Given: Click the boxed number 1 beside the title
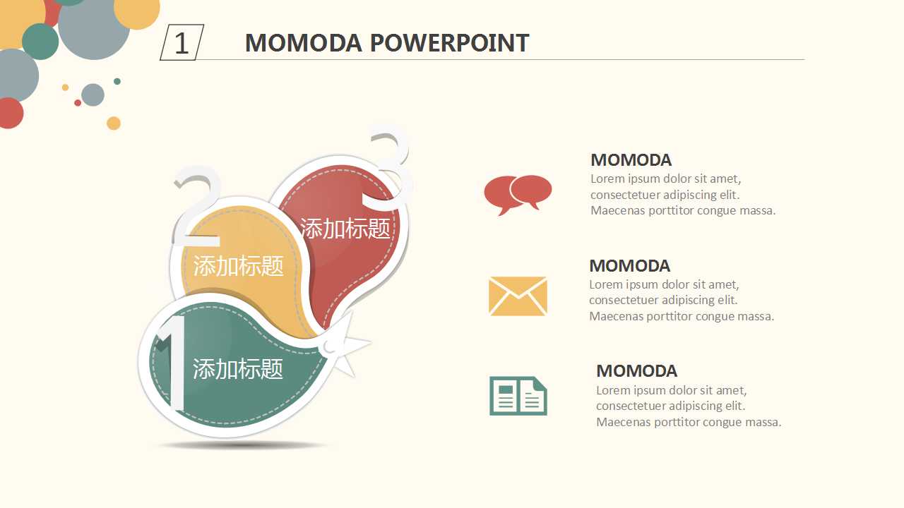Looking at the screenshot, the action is pyautogui.click(x=182, y=42).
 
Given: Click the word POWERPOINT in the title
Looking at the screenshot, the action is pyautogui.click(x=449, y=43).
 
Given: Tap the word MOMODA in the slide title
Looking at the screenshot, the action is pyautogui.click(x=304, y=43).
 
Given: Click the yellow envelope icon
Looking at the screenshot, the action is pyautogui.click(x=518, y=296).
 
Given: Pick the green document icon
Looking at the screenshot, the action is pyautogui.click(x=518, y=396).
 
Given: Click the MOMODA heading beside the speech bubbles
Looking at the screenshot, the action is pyautogui.click(x=631, y=160).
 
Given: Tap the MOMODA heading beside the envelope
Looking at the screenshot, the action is pyautogui.click(x=629, y=266).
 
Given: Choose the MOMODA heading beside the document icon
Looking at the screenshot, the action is pyautogui.click(x=636, y=371).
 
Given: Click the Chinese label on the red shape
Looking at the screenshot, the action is pyautogui.click(x=345, y=229).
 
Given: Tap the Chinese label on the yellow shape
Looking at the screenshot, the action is pyautogui.click(x=239, y=266).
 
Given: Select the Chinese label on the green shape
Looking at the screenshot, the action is pyautogui.click(x=238, y=368).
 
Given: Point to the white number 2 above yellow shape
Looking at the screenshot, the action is pyautogui.click(x=196, y=205).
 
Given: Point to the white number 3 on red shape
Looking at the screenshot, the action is pyautogui.click(x=388, y=169).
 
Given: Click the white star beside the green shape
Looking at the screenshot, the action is pyautogui.click(x=345, y=345).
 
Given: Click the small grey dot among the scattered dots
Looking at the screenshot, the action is pyautogui.click(x=93, y=95).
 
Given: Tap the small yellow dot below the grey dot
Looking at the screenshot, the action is pyautogui.click(x=114, y=123).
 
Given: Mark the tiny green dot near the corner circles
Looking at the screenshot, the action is pyautogui.click(x=117, y=81).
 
